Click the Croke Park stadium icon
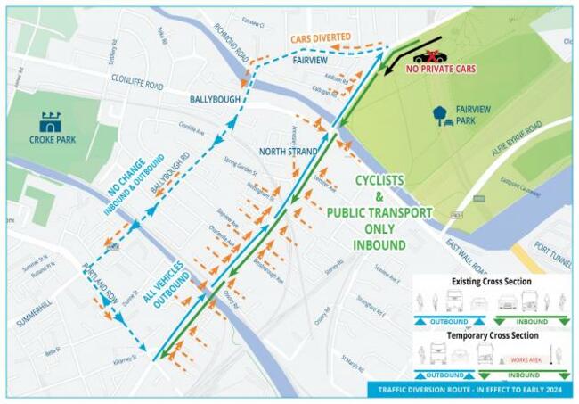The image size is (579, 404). tap(51, 122)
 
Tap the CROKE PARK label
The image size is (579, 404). tap(51, 141)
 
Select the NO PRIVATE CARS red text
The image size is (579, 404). tap(441, 69)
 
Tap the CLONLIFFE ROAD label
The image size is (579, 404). tap(137, 86)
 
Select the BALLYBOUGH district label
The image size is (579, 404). tap(214, 100)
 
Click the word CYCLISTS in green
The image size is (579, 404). tap(379, 180)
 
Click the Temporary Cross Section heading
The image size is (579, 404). tap(490, 335)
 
